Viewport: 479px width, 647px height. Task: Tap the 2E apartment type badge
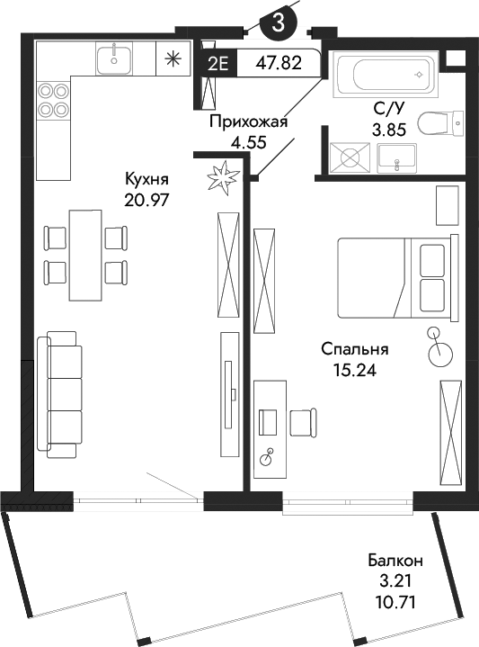217,63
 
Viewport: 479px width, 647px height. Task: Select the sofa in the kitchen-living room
59,391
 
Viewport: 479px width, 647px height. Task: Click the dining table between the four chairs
86,255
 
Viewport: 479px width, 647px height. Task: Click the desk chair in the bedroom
303,420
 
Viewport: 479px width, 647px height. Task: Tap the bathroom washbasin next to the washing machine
394,159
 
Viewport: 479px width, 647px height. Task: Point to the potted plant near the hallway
221,177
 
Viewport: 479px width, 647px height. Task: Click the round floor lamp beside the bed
440,351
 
